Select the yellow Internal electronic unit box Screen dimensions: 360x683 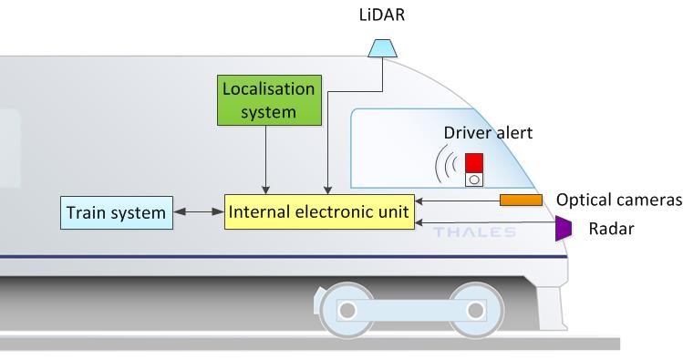coord(320,211)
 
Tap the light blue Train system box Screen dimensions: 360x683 coord(116,213)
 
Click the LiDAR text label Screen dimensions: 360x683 coord(380,16)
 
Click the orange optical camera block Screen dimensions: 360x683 coord(521,200)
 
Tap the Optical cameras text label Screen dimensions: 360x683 coord(618,201)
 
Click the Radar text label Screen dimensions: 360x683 coord(611,229)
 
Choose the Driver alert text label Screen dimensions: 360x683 coord(488,133)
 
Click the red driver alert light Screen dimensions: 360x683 coord(474,162)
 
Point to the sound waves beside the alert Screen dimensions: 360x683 coord(446,167)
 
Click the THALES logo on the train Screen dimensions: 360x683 coord(474,232)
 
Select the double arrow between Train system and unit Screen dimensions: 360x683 coord(199,212)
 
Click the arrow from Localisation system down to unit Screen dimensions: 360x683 coord(264,159)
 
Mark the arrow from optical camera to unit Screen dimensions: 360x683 coord(456,201)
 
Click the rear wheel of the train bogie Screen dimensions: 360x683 coord(347,310)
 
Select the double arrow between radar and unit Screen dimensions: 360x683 coord(483,221)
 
